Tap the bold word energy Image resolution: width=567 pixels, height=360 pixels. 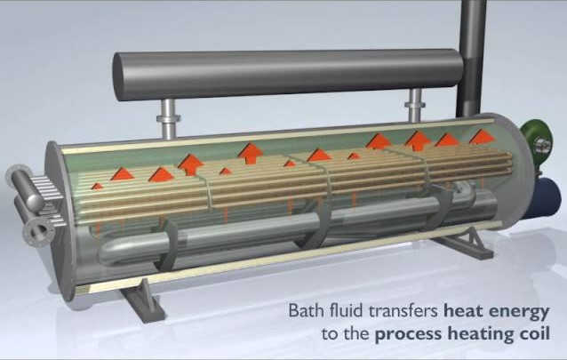[520, 313]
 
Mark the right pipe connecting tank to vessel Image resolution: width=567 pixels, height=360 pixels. [413, 106]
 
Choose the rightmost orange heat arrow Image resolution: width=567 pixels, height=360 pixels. [481, 135]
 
